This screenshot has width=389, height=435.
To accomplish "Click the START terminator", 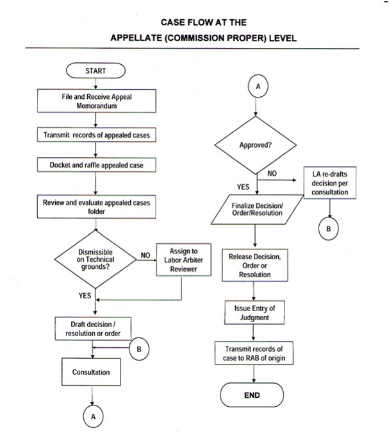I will coord(95,70).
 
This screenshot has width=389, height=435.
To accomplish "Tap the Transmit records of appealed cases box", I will coord(97,135).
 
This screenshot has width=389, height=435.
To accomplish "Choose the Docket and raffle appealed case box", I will coord(96,165).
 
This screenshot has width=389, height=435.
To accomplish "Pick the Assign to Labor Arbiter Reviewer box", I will coord(183,260).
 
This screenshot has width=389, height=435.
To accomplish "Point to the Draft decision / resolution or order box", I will coord(94,328).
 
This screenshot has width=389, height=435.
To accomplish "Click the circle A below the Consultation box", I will coord(93,417).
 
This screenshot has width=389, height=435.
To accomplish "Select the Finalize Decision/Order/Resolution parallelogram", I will coord(256,209).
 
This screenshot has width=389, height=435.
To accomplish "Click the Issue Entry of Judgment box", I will coord(254,313).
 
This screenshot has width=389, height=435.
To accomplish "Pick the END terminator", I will coord(252,395).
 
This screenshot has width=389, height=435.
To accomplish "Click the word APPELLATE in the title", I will coord(140,37).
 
